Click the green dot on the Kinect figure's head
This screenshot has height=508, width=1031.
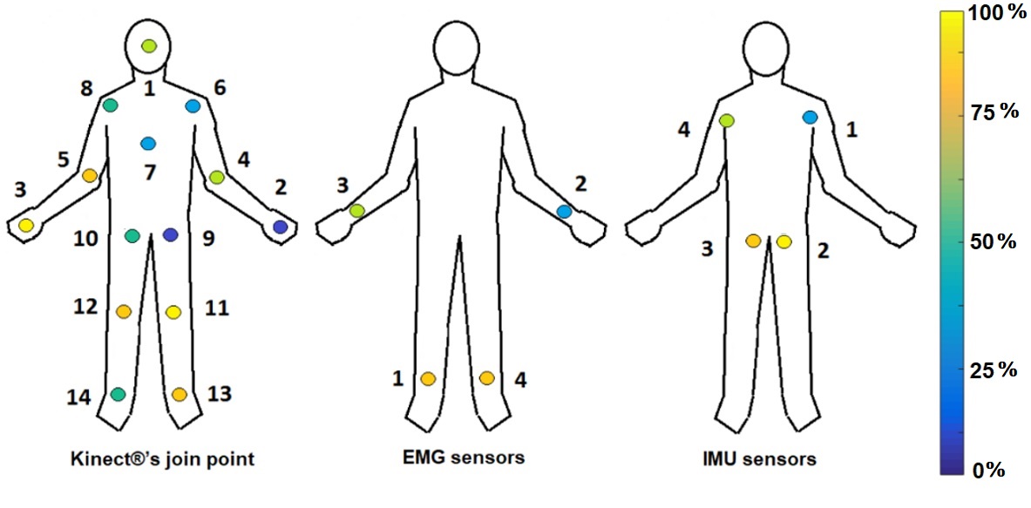pyautogui.click(x=149, y=45)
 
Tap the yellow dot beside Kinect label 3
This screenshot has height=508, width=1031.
pyautogui.click(x=26, y=225)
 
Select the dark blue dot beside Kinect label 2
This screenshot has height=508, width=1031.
pyautogui.click(x=280, y=227)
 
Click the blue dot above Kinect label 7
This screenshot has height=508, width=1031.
pyautogui.click(x=148, y=143)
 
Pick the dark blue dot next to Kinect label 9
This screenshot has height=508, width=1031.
pyautogui.click(x=171, y=234)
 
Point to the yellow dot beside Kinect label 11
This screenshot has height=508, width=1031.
pyautogui.click(x=173, y=312)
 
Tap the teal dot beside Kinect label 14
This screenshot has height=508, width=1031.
pyautogui.click(x=118, y=394)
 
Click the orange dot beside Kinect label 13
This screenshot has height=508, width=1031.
pyautogui.click(x=180, y=394)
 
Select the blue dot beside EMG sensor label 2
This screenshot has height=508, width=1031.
pyautogui.click(x=564, y=211)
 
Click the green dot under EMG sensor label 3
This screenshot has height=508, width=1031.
pyautogui.click(x=356, y=210)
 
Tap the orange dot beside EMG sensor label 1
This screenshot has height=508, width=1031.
pyautogui.click(x=428, y=378)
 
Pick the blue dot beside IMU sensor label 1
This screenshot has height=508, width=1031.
pyautogui.click(x=810, y=117)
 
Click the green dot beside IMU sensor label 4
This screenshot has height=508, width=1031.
pyautogui.click(x=727, y=120)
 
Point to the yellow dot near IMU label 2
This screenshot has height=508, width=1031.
pyautogui.click(x=783, y=241)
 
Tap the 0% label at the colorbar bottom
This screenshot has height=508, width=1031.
pyautogui.click(x=990, y=471)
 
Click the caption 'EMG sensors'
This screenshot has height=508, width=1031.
pyautogui.click(x=478, y=457)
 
